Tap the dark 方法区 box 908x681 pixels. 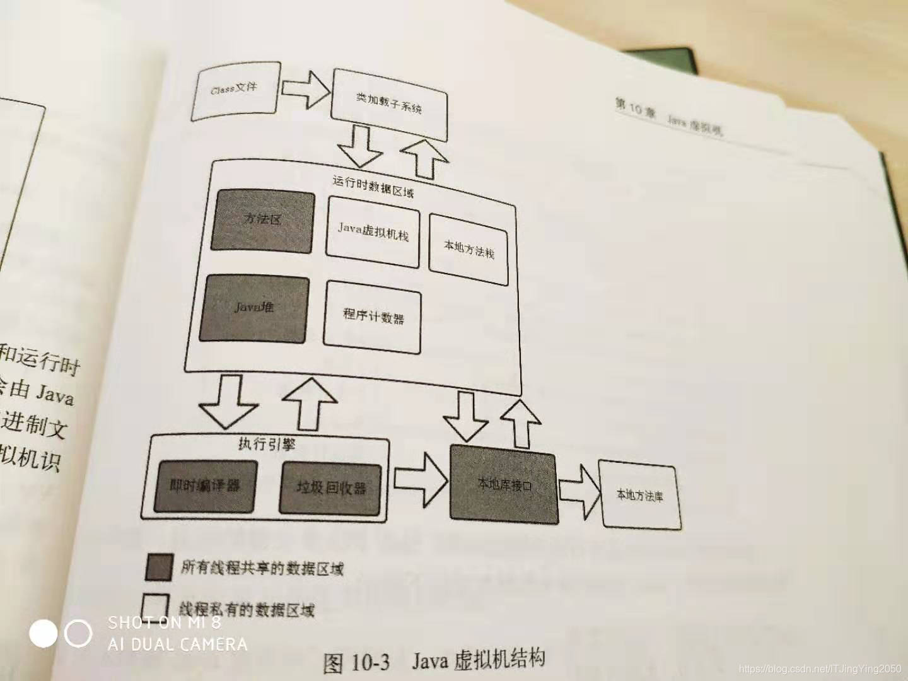coord(263,221)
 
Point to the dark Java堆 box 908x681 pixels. coord(254,309)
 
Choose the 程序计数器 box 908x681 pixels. coord(373,317)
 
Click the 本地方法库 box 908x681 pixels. coord(639,496)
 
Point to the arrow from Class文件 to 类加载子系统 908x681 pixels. coord(304,90)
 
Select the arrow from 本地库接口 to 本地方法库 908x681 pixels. coord(579,491)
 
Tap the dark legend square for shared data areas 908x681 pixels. coord(158,567)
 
